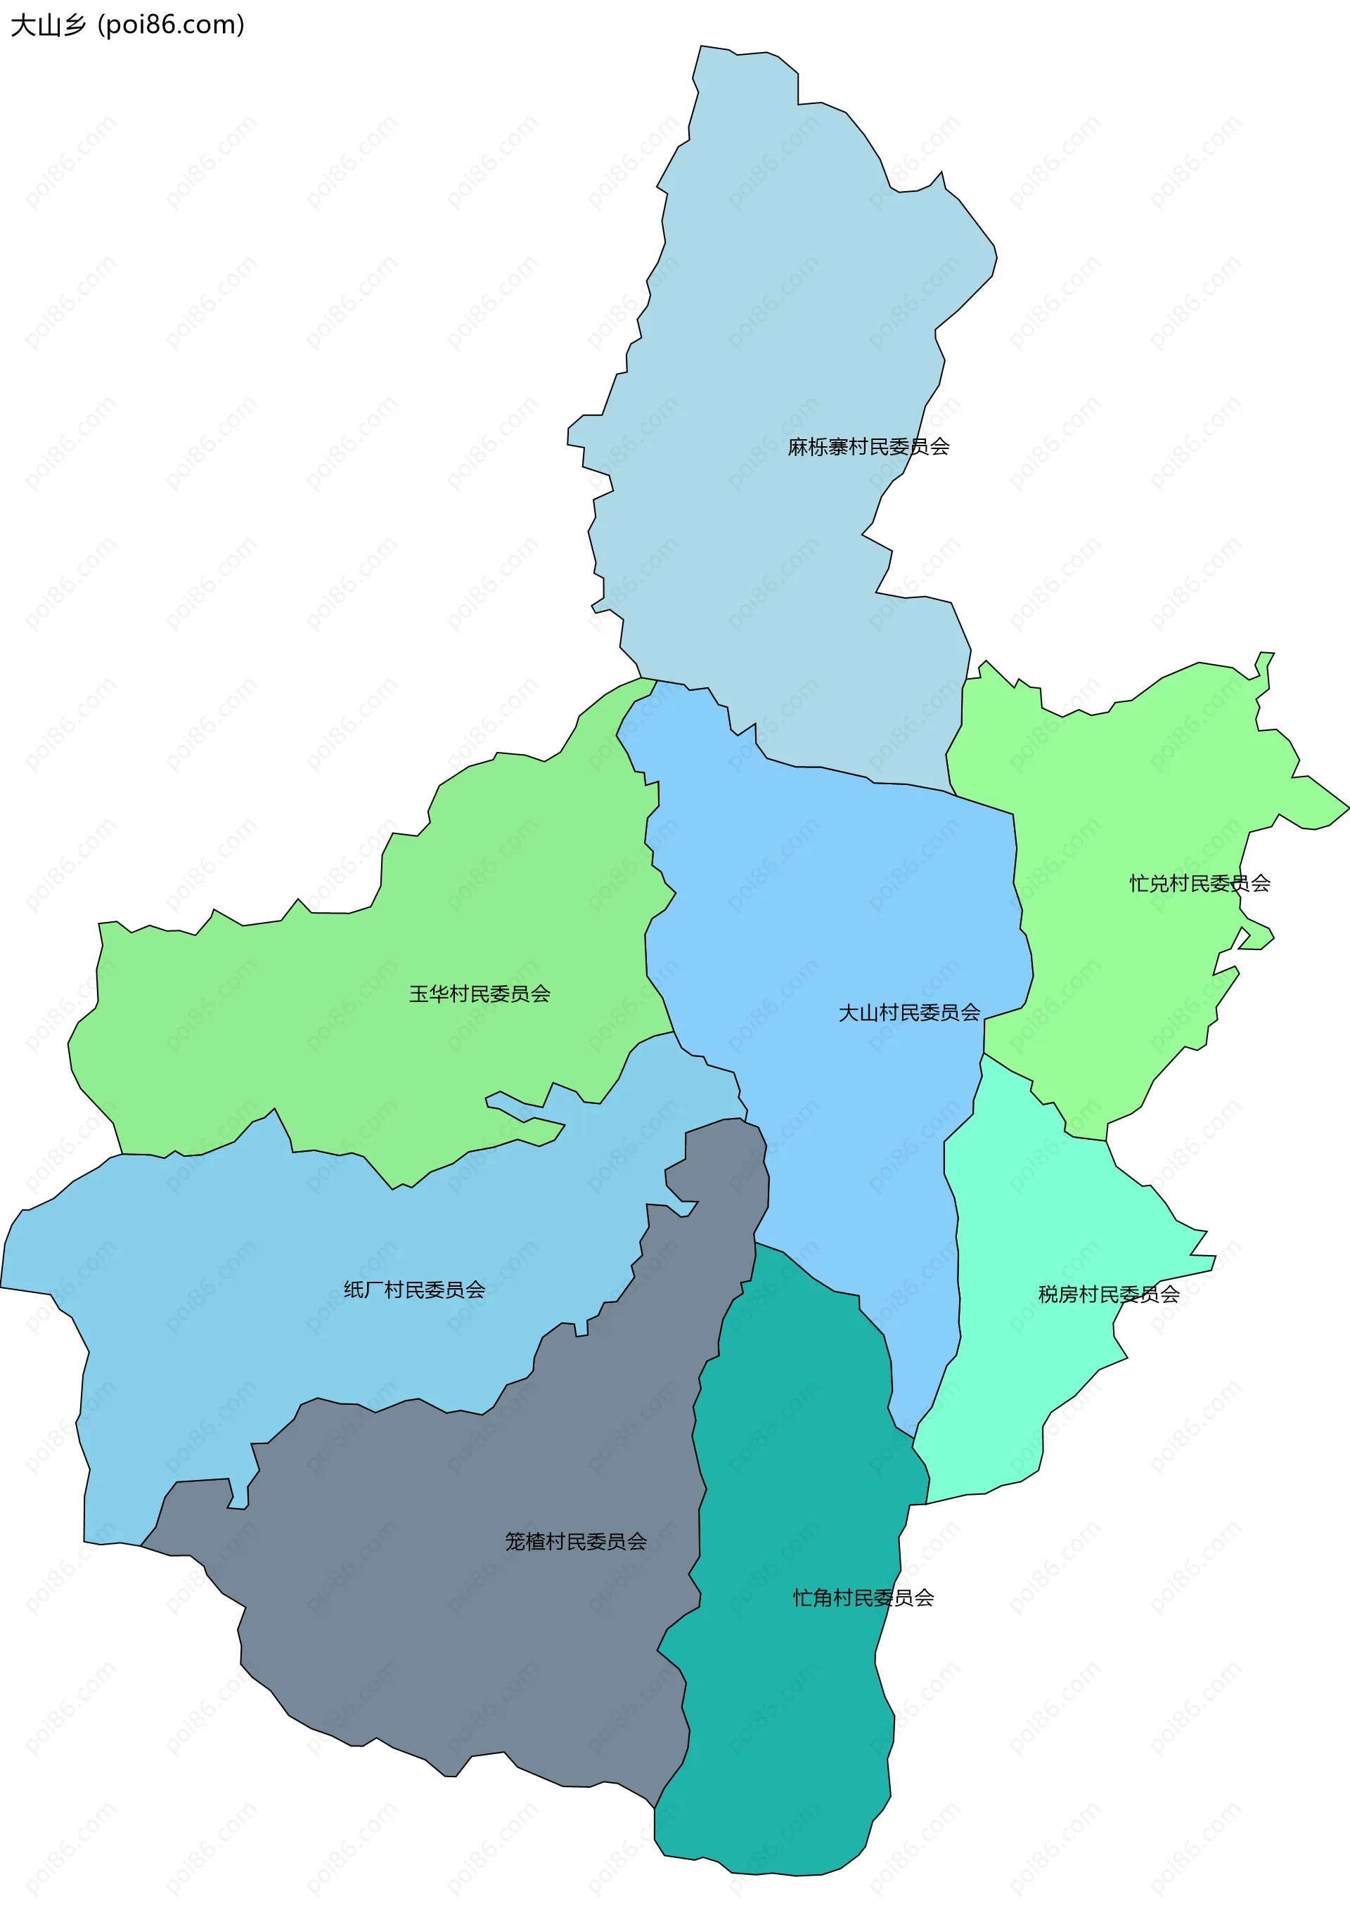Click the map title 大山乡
pyautogui.click(x=48, y=25)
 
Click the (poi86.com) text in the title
pyautogui.click(x=171, y=25)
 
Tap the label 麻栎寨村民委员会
pyautogui.click(x=868, y=447)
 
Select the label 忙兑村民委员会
pyautogui.click(x=1200, y=883)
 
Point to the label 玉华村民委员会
pyautogui.click(x=479, y=994)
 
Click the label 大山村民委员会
pyautogui.click(x=908, y=1013)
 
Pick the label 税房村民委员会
pyautogui.click(x=1109, y=1294)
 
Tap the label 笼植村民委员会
pyautogui.click(x=575, y=1541)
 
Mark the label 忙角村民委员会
pyautogui.click(x=863, y=1597)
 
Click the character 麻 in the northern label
pyautogui.click(x=797, y=447)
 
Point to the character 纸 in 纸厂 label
pyautogui.click(x=354, y=1290)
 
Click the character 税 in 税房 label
pyautogui.click(x=1048, y=1294)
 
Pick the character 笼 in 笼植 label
pyautogui.click(x=515, y=1541)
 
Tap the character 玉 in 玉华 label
pyautogui.click(x=419, y=994)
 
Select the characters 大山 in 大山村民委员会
pyautogui.click(x=859, y=1013)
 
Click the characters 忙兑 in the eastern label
pyautogui.click(x=1149, y=883)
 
